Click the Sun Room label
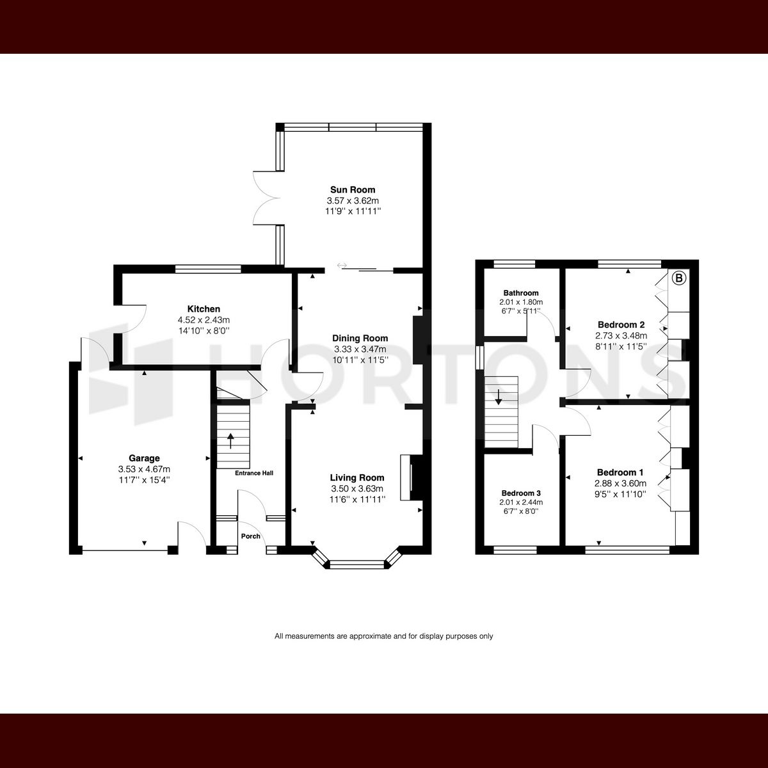[353, 189]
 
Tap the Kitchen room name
[204, 309]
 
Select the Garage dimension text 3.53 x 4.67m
[144, 469]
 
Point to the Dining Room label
[360, 338]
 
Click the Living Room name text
[357, 477]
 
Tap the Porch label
[250, 536]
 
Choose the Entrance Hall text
[254, 473]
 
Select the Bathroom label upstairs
[520, 293]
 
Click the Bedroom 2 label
[621, 324]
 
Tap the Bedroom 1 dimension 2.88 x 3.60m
[621, 484]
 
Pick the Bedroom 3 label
[521, 493]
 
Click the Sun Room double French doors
[266, 197]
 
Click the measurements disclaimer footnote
[384, 636]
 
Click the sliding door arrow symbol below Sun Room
[342, 265]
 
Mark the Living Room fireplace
[406, 477]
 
